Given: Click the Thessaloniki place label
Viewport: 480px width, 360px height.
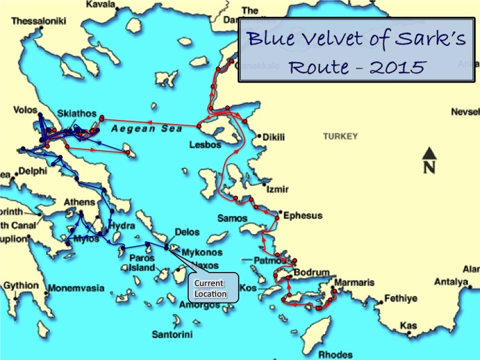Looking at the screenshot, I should pyautogui.click(x=39, y=21).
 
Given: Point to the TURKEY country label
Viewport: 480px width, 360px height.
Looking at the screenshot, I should pyautogui.click(x=340, y=137).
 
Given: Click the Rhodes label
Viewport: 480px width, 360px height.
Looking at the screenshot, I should pyautogui.click(x=335, y=355).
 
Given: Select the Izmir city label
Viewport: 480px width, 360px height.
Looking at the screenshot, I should pyautogui.click(x=277, y=190).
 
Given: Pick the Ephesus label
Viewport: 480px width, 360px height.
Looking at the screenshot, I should pyautogui.click(x=303, y=216).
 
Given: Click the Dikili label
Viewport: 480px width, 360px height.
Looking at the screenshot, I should pyautogui.click(x=274, y=137).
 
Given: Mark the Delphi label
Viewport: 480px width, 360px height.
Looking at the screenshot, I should pyautogui.click(x=33, y=171).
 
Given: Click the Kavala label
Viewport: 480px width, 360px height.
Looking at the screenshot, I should pyautogui.click(x=99, y=5).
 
